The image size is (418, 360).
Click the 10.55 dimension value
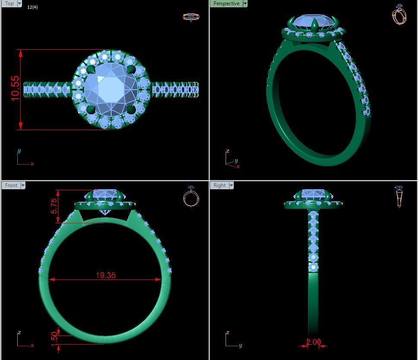tap(16, 88)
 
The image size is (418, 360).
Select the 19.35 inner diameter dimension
tap(106, 275)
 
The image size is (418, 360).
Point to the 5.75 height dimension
tap(54, 206)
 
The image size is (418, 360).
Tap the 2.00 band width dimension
tap(314, 342)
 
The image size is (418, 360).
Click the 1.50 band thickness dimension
tap(54, 336)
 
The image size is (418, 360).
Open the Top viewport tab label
tap(9, 3)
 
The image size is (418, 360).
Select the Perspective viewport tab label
tap(226, 3)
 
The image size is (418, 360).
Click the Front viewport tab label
tap(11, 185)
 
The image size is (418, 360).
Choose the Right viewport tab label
tap(220, 185)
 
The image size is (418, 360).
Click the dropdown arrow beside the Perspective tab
tap(245, 3)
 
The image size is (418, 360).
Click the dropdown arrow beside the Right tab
tap(231, 185)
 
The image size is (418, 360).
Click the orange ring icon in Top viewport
tap(191, 17)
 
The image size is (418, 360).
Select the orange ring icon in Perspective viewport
tap(399, 15)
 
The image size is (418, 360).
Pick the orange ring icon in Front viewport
tap(191, 197)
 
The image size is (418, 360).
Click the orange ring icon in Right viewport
tap(399, 197)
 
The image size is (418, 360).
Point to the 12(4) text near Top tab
tap(32, 7)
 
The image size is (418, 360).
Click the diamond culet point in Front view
tap(105, 214)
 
